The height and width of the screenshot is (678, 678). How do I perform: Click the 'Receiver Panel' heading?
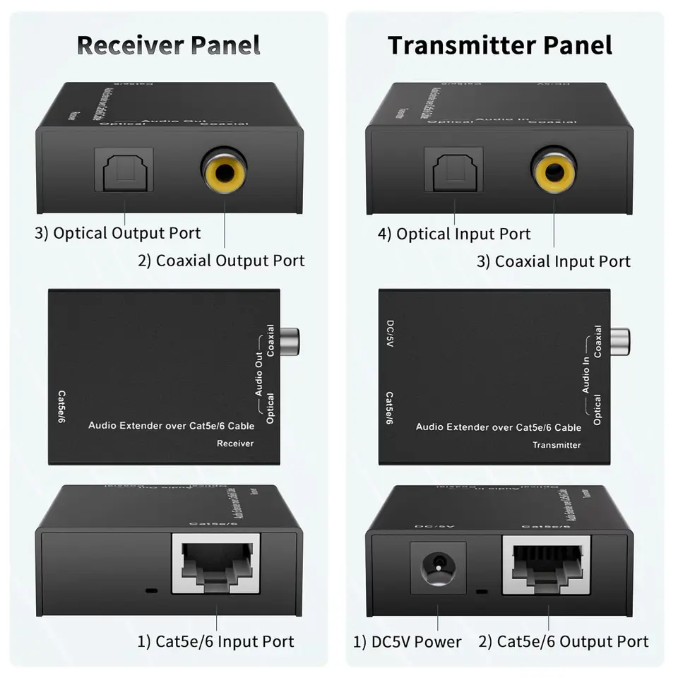pos(168,44)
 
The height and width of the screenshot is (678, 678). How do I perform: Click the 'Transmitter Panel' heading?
pos(500,44)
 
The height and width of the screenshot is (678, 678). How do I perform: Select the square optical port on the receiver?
pos(124,170)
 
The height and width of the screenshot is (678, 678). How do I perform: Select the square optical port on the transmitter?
pos(453,170)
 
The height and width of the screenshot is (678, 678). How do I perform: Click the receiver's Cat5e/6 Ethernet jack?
pos(216,563)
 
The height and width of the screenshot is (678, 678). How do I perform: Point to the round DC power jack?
pos(438,566)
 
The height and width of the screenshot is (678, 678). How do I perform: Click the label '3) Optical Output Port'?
pos(118,233)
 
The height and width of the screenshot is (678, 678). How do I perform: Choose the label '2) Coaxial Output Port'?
pos(221,261)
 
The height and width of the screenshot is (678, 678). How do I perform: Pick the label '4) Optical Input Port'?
pos(454,234)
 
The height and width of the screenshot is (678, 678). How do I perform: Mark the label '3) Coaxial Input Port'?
pos(553,261)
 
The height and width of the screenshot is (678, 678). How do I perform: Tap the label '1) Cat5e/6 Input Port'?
pos(215,641)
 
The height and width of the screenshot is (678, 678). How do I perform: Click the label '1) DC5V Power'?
pos(407,642)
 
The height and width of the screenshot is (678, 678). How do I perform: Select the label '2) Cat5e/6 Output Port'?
pos(563,641)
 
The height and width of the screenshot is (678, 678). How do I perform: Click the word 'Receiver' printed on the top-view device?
pos(234,444)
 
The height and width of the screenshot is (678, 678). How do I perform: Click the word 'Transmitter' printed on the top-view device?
pos(557,445)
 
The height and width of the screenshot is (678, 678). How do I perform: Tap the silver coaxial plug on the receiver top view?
pos(290,340)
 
